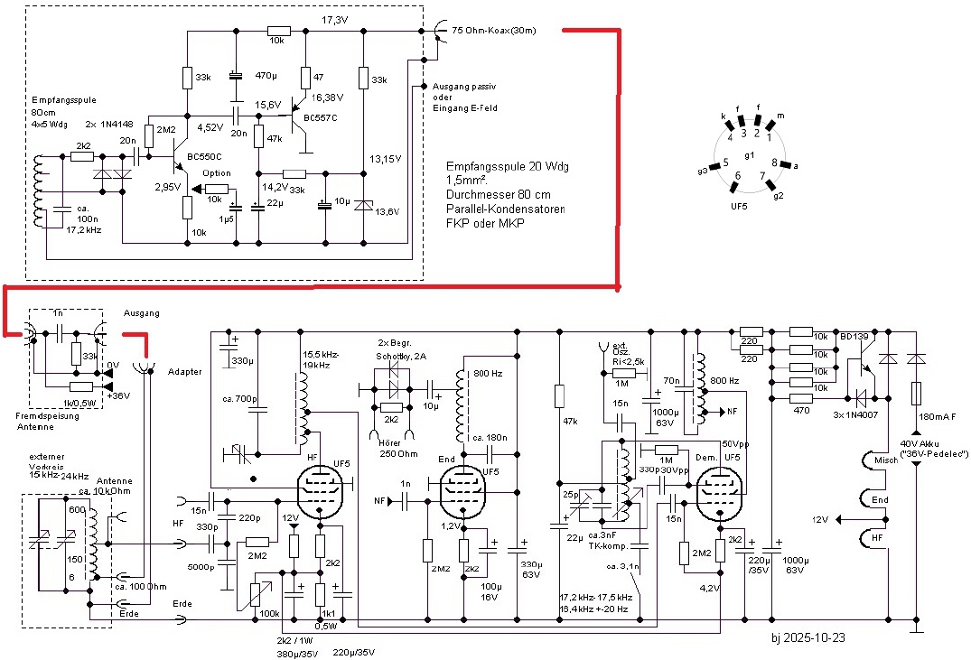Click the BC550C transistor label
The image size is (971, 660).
206,158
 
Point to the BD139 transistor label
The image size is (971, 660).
854,337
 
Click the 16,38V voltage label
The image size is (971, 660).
328,97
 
